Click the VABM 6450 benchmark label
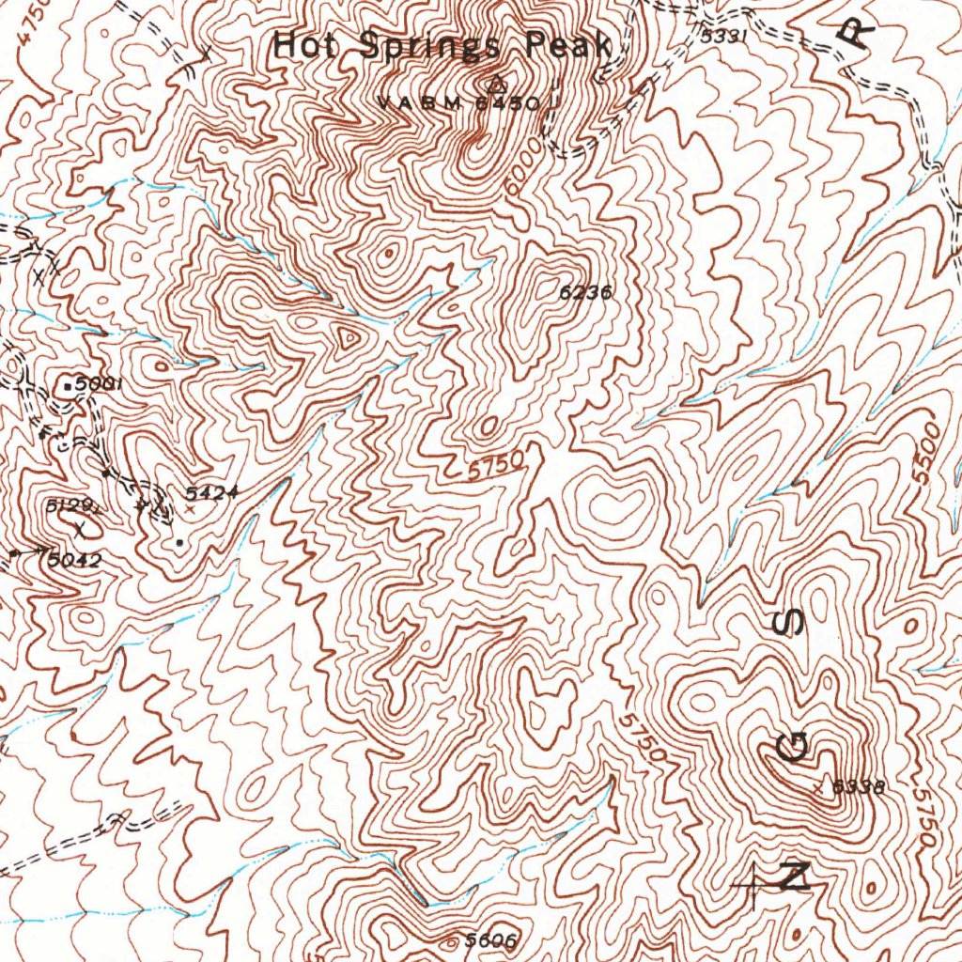[460, 102]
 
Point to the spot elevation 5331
[723, 37]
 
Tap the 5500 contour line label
[926, 452]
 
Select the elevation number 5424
[212, 492]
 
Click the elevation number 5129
[72, 506]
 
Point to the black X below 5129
[81, 530]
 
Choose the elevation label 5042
[75, 560]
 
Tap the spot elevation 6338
[859, 787]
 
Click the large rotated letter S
[793, 621]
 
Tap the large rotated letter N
[795, 876]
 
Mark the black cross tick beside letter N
[754, 883]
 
